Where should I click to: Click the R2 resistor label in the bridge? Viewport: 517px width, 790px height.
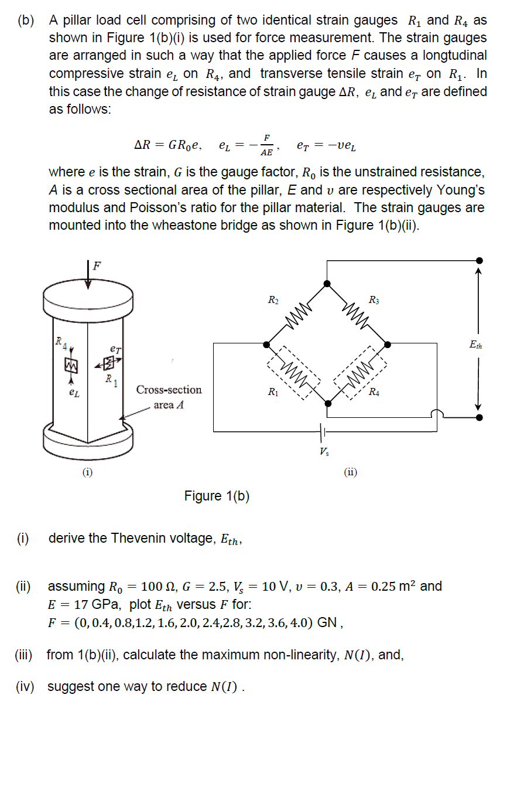tap(273, 300)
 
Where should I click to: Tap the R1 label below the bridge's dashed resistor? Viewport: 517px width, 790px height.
tap(273, 391)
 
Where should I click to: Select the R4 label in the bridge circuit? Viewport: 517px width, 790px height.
tap(374, 392)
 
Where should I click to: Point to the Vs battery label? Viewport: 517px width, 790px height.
tap(324, 451)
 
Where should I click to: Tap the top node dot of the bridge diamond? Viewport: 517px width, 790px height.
tap(327, 284)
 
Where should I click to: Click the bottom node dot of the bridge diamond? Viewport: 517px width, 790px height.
tap(327, 403)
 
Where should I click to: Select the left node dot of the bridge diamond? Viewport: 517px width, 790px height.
tap(268, 343)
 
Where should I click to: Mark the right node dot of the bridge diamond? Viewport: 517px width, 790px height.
tap(386, 343)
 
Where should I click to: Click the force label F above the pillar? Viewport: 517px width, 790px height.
tap(97, 264)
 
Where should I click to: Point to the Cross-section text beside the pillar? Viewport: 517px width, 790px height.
tap(169, 390)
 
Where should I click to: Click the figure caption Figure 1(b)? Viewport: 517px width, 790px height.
tap(217, 496)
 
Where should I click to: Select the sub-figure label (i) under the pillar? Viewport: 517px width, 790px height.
tap(87, 471)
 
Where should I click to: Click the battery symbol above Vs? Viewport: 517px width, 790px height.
tap(323, 433)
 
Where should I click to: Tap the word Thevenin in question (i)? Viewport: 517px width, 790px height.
tap(137, 538)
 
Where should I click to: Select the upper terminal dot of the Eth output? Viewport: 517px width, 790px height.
tap(479, 260)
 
